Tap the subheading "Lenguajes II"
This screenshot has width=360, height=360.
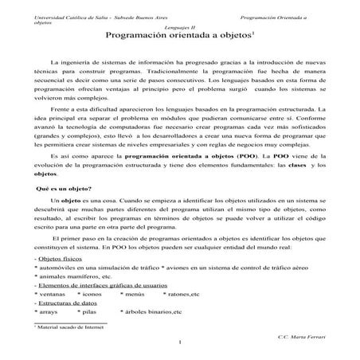tap(180, 26)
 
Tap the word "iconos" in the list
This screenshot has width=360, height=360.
tap(91, 294)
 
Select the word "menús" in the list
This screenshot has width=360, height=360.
tap(134, 294)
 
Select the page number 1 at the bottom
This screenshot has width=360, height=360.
tap(181, 344)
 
